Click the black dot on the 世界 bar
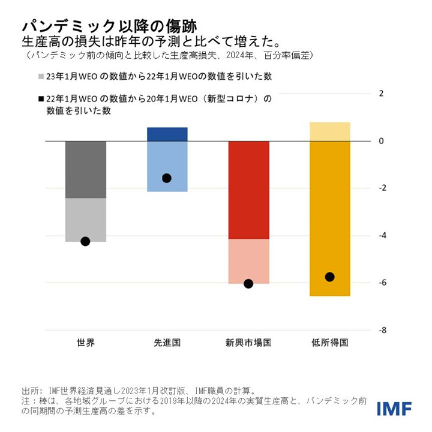[x=85, y=241]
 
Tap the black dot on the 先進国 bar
[x=167, y=178]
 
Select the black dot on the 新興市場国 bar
[x=248, y=284]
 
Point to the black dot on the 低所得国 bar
[x=329, y=277]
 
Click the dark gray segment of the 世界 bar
[x=85, y=170]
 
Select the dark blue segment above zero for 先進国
[x=167, y=134]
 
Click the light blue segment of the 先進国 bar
[x=167, y=162]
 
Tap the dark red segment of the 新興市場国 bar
[x=248, y=190]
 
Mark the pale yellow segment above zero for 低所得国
[x=329, y=131]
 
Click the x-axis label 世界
[x=85, y=343]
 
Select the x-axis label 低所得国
[x=329, y=343]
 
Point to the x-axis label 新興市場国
[x=248, y=343]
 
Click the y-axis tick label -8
[x=380, y=331]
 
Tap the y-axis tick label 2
[x=380, y=93]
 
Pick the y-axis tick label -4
[x=380, y=236]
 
